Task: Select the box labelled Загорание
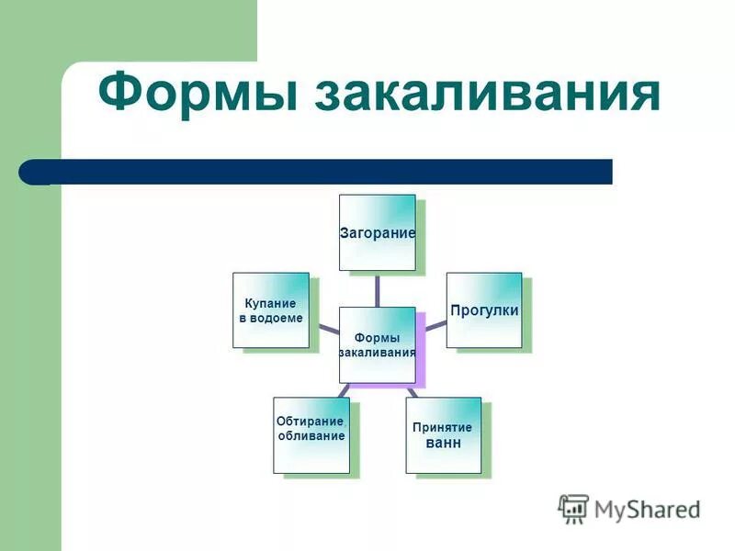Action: tap(377, 232)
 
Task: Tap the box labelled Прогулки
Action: tap(484, 310)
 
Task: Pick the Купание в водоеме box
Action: tap(270, 310)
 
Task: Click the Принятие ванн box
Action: tap(443, 434)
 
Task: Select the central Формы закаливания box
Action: tap(377, 344)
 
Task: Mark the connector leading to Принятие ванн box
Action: tap(411, 389)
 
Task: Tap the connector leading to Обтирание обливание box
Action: tap(344, 389)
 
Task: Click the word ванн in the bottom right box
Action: tap(443, 444)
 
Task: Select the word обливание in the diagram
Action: tap(311, 435)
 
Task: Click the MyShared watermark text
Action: tap(647, 509)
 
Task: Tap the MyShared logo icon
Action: tap(573, 508)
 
